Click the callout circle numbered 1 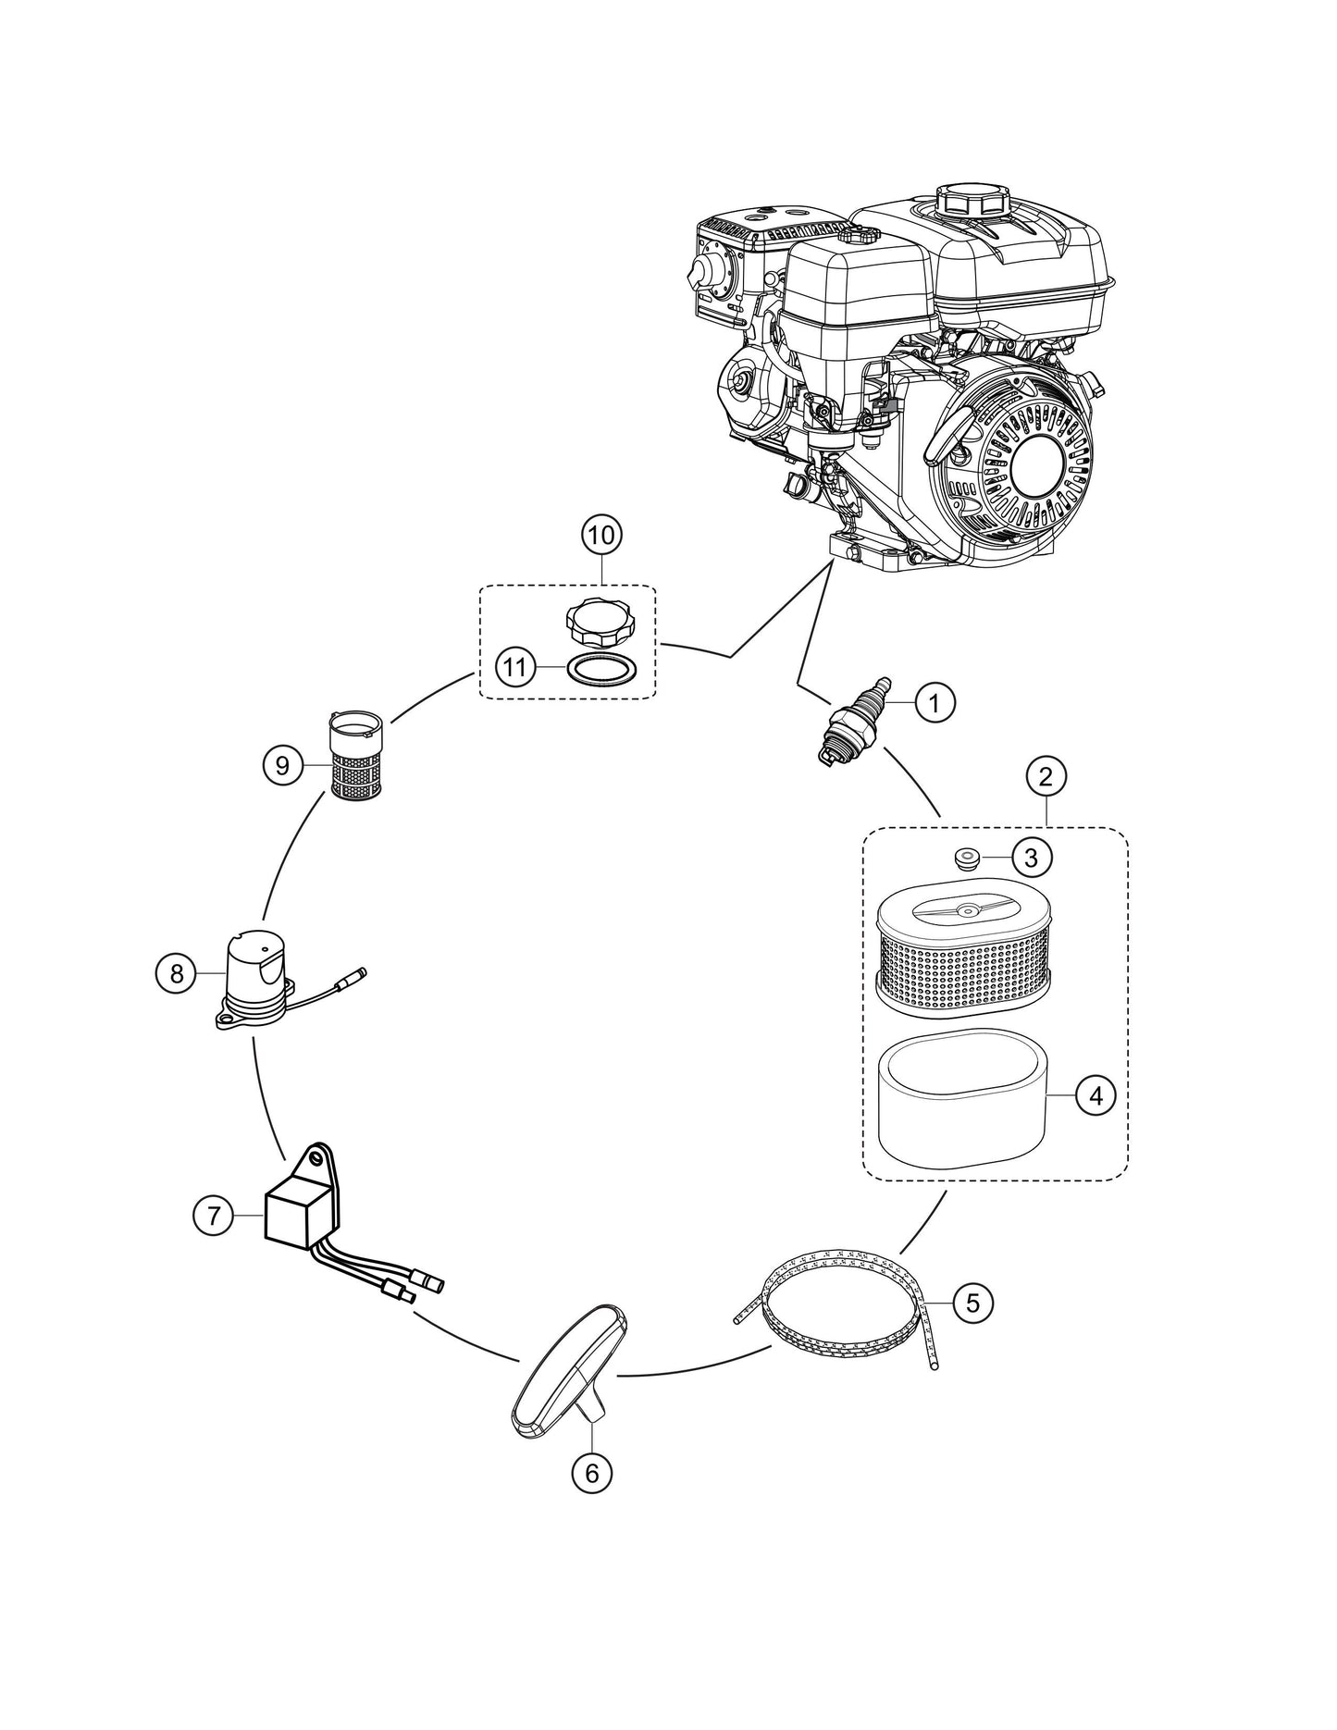(935, 703)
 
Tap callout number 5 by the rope (972, 1303)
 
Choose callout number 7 (214, 1215)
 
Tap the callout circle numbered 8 (177, 973)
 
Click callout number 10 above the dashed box (602, 535)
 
